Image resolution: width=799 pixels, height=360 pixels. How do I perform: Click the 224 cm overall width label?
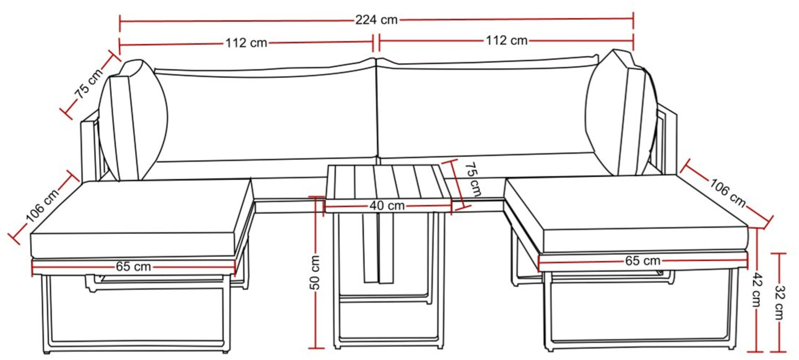point(377,20)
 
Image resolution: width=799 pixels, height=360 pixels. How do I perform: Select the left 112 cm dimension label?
point(246,43)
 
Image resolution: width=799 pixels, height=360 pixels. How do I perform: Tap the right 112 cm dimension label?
point(506,40)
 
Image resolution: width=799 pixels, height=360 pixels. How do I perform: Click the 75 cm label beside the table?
point(474,179)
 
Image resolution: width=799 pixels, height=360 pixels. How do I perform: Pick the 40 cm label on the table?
point(387,206)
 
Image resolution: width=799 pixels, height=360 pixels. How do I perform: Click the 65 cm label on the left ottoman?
point(133,266)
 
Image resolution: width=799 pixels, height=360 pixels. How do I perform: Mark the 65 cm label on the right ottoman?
point(643,261)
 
